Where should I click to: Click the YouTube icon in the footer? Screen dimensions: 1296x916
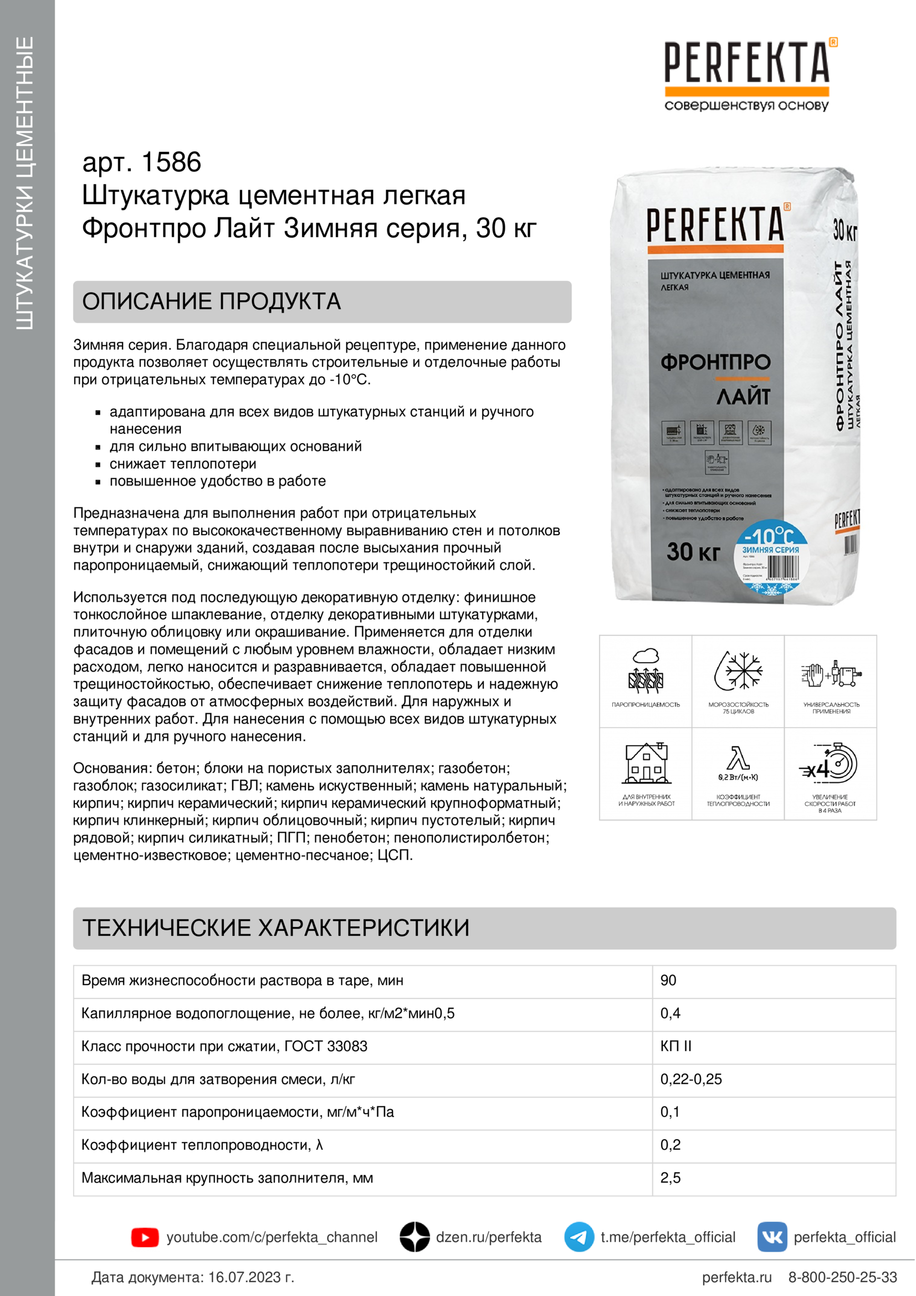(x=145, y=1237)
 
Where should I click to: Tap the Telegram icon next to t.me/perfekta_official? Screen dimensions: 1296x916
(x=579, y=1237)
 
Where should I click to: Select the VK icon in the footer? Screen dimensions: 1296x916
(x=772, y=1237)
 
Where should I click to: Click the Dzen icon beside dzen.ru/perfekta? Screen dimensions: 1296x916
(x=415, y=1237)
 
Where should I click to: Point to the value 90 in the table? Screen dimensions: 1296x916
(x=668, y=981)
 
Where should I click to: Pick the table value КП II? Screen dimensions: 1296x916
(x=676, y=1046)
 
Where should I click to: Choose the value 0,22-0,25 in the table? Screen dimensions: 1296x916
(x=691, y=1079)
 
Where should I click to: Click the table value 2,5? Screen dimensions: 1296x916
(x=671, y=1178)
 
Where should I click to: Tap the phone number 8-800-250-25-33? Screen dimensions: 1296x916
(x=842, y=1277)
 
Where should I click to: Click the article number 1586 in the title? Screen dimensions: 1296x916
(x=171, y=162)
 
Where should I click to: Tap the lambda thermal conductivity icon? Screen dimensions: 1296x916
(x=738, y=759)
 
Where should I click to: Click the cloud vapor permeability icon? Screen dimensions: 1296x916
(x=646, y=671)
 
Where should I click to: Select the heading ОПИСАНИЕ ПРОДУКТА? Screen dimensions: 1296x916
(x=212, y=301)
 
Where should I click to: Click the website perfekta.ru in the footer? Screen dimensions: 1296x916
(x=736, y=1277)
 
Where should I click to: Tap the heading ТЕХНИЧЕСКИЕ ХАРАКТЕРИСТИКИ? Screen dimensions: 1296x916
(x=276, y=928)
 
